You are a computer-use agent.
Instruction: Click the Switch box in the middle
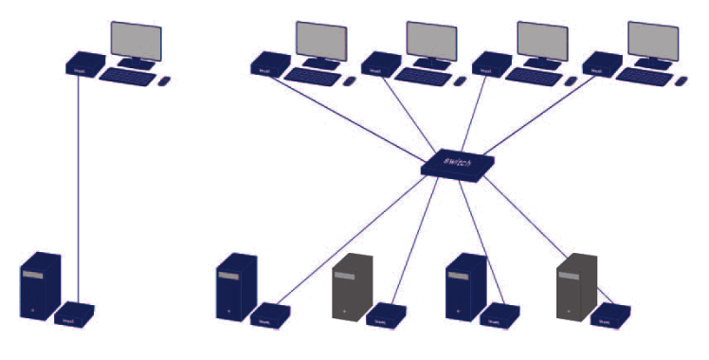tap(461, 164)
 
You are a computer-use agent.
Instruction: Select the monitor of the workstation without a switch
tap(136, 43)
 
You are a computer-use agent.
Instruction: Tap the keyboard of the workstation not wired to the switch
tap(126, 76)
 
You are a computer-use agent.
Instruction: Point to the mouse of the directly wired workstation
tap(164, 81)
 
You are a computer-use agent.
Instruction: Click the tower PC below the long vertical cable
tap(40, 285)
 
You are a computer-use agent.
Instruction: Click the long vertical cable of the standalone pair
tap(77, 189)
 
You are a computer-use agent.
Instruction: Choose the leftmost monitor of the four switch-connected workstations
tap(320, 41)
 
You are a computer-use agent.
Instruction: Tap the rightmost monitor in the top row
tap(653, 41)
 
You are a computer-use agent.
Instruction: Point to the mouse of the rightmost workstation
tap(682, 81)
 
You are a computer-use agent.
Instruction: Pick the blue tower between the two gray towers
tap(465, 285)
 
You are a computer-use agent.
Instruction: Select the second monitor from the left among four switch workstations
tap(431, 41)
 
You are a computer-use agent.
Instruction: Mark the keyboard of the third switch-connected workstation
tap(533, 76)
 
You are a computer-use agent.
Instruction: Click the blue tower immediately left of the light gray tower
tap(237, 285)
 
